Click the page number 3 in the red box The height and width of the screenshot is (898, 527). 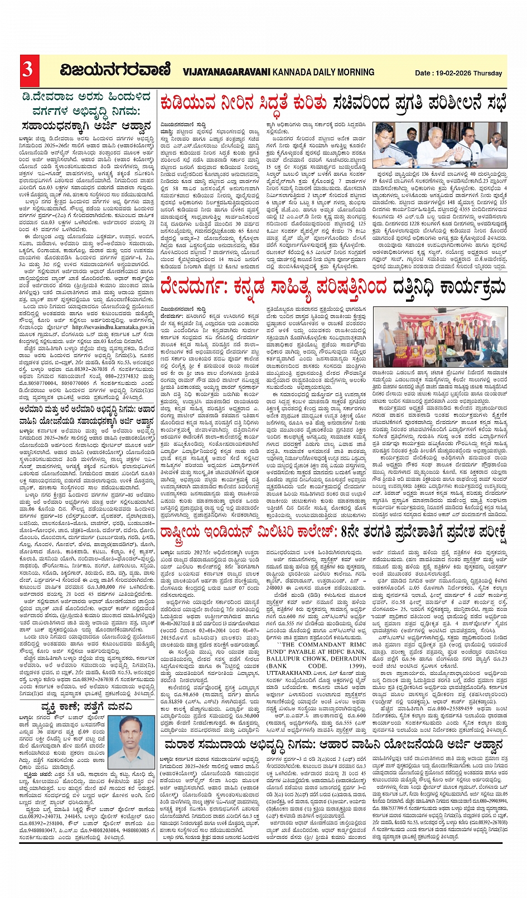pos(27,70)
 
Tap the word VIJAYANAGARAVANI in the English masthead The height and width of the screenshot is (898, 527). pos(226,72)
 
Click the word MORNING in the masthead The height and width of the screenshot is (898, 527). pos(355,72)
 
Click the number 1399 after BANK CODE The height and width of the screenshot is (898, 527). pos(356,665)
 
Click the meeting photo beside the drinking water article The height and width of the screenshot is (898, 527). pos(440,143)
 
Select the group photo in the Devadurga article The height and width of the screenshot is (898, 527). pos(440,336)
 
